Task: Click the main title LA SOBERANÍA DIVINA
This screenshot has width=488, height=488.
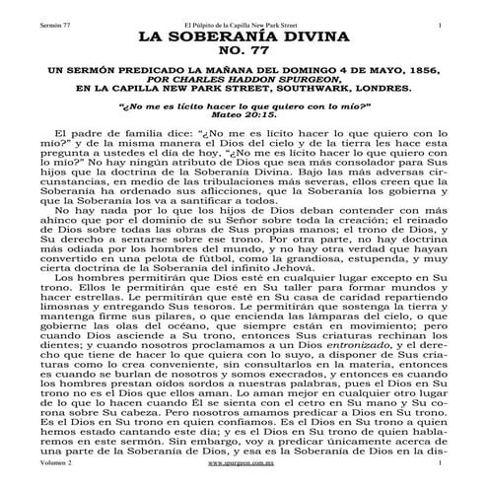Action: [244, 38]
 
